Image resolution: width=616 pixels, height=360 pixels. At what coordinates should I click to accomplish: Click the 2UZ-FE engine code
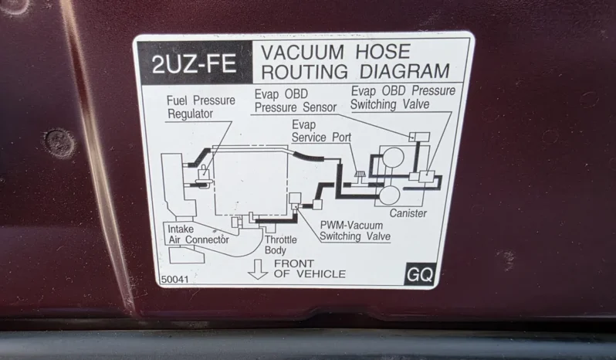tap(194, 63)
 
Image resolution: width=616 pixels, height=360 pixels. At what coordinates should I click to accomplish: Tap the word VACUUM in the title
tap(303, 53)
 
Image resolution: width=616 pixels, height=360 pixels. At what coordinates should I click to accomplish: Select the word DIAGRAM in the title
tap(404, 71)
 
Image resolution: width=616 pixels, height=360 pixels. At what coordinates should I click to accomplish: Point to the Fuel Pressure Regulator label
tap(201, 107)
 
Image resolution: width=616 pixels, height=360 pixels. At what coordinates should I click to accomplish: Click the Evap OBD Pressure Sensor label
tap(296, 100)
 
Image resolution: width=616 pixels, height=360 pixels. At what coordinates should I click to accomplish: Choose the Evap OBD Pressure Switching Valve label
tap(403, 97)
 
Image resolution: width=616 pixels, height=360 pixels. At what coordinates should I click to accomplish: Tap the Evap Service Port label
tap(321, 131)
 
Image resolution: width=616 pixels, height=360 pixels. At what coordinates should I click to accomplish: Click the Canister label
tap(408, 213)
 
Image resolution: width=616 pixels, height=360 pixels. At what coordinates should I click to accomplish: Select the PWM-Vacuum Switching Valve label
tap(355, 231)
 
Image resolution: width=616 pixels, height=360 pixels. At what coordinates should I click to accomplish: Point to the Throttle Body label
tap(280, 245)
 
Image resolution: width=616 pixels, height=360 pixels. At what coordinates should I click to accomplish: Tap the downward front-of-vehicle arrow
tap(258, 269)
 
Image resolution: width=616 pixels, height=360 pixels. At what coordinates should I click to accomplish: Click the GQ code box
tap(420, 274)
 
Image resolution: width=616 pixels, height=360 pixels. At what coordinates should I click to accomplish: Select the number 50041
tap(174, 280)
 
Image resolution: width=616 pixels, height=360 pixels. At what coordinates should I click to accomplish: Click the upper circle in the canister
tap(393, 157)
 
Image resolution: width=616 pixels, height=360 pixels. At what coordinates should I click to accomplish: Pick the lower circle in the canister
tap(389, 195)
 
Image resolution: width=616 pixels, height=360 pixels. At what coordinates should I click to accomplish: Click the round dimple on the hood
tap(59, 144)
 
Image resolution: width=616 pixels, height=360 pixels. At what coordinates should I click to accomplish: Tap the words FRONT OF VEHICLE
tap(310, 268)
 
